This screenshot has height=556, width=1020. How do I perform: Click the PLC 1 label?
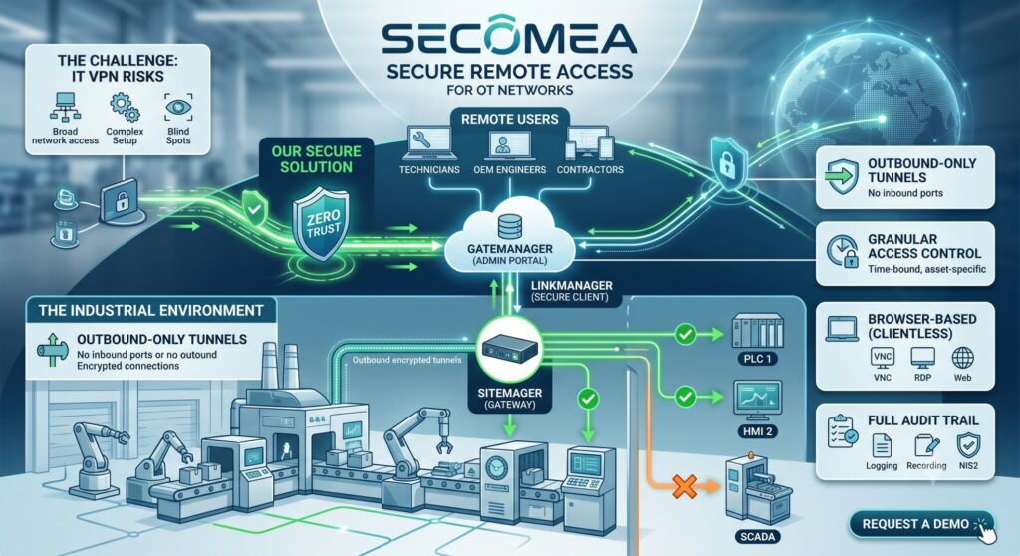(x=758, y=359)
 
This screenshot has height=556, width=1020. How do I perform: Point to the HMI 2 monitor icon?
(x=758, y=400)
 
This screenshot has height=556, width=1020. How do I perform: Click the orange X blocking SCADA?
(x=684, y=485)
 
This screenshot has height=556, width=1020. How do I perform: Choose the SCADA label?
(x=758, y=536)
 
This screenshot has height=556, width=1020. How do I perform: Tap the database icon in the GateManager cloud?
(x=509, y=226)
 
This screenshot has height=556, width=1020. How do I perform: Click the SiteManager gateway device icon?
(x=509, y=349)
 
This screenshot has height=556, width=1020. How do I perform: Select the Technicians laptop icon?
(x=429, y=143)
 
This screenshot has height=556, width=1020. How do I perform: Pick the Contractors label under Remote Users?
(x=590, y=170)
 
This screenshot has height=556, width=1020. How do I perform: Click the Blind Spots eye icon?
(x=178, y=107)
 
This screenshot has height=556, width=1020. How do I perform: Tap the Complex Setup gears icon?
(x=125, y=108)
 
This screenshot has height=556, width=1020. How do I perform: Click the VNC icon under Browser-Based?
(x=883, y=358)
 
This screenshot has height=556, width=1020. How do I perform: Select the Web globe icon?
(x=963, y=358)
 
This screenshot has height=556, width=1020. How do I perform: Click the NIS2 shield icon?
(x=968, y=445)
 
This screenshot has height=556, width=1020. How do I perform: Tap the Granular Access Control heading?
(x=923, y=246)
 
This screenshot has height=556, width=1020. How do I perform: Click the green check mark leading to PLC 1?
(x=685, y=334)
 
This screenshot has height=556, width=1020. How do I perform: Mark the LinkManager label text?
(x=571, y=285)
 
